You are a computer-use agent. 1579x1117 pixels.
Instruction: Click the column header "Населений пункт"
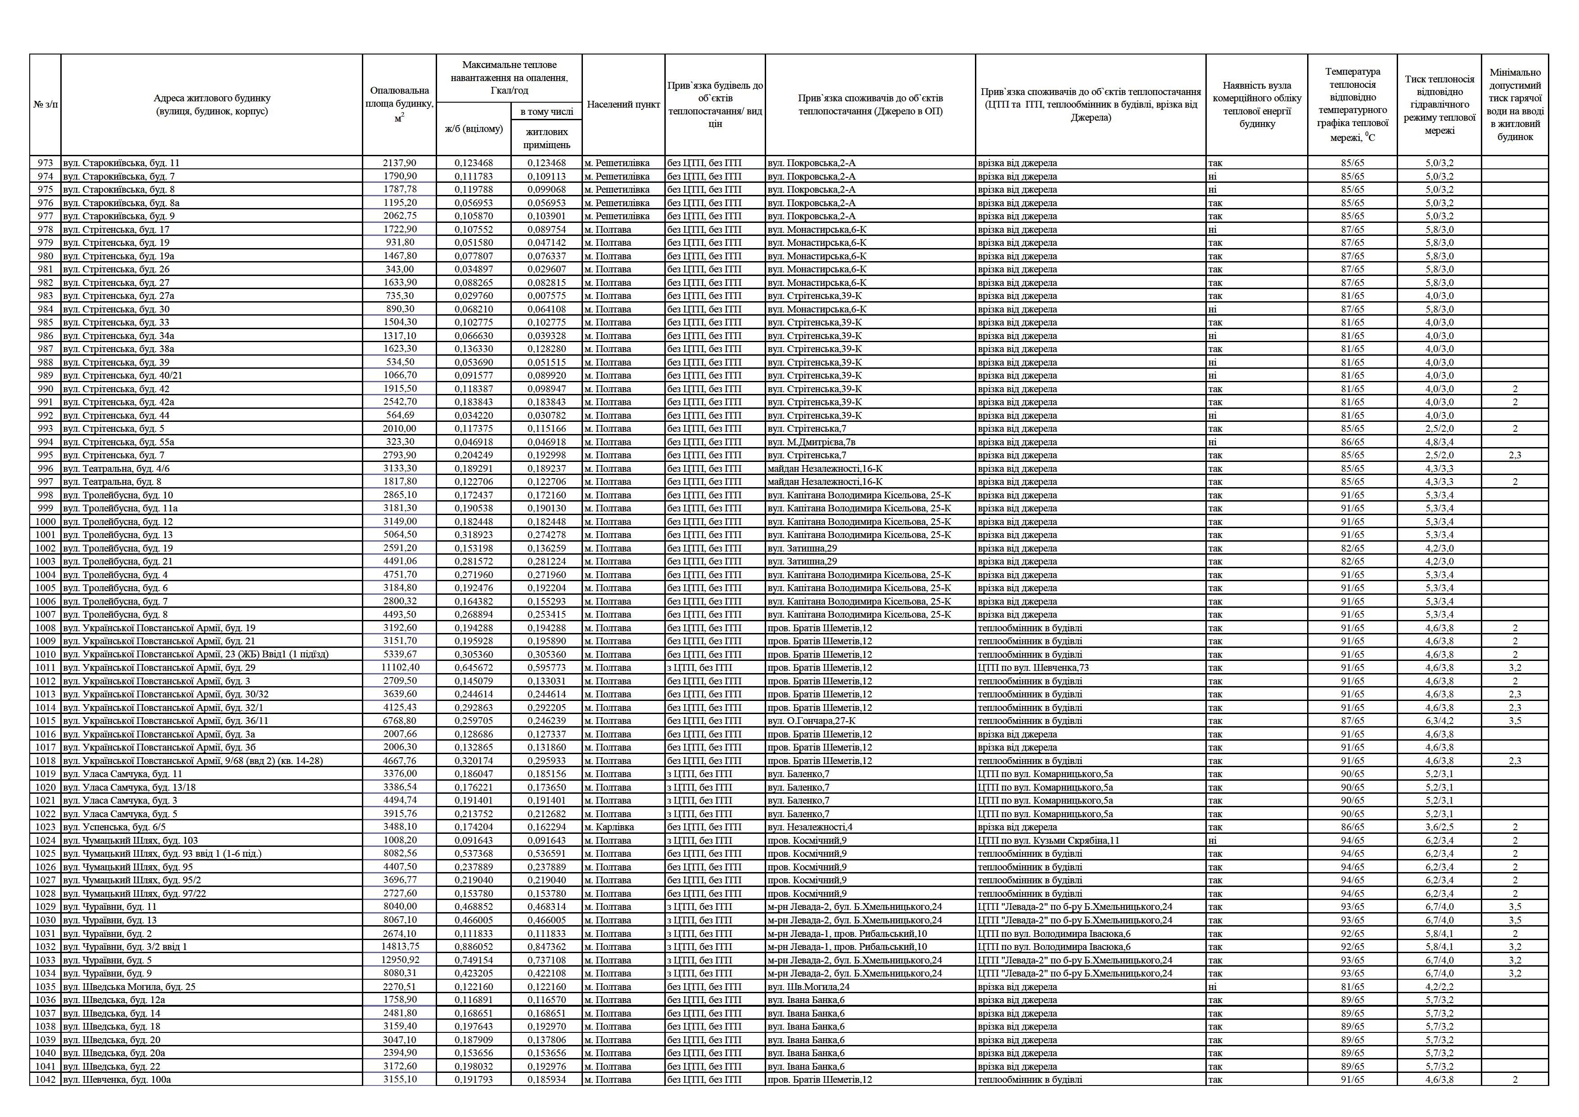pos(623,104)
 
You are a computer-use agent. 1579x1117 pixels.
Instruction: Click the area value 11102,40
pos(400,667)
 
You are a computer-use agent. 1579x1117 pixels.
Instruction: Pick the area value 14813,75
pos(400,946)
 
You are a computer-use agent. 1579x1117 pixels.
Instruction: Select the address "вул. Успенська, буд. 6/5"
pos(114,827)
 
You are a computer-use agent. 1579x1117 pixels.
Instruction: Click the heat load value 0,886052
pos(474,946)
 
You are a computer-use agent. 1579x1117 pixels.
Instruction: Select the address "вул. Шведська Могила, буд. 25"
pos(129,986)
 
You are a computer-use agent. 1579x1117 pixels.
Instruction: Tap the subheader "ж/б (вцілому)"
pos(474,129)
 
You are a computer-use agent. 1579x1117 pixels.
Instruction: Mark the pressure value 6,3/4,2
pos(1439,721)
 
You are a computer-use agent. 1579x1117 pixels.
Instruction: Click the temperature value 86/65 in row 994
pos(1352,442)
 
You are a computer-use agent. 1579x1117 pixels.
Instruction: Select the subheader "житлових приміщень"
pos(547,138)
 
